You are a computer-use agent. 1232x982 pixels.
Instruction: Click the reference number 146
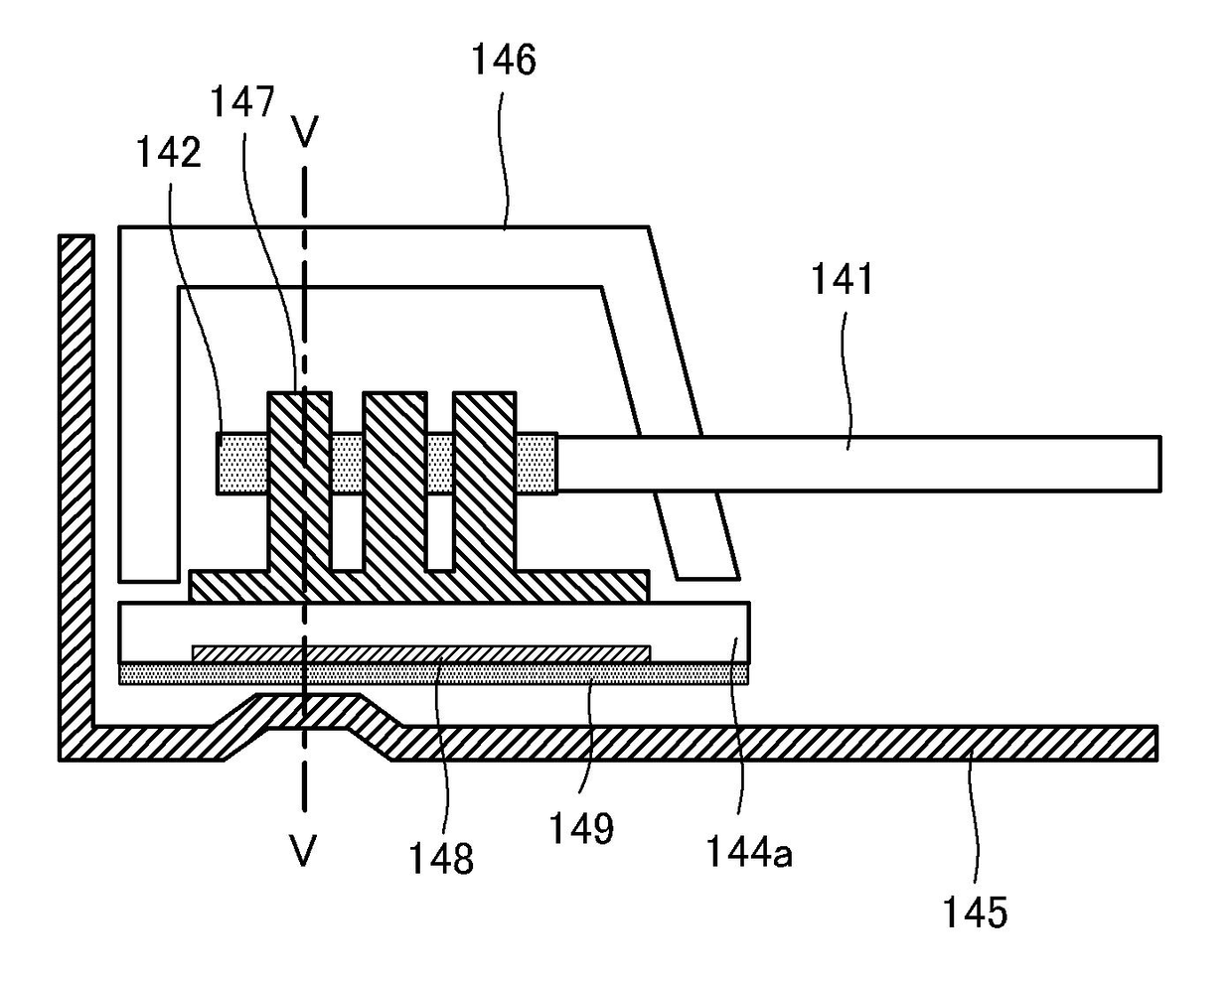click(504, 62)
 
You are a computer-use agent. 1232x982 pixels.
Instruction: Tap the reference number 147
click(242, 101)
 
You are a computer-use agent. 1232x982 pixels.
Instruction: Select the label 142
click(170, 152)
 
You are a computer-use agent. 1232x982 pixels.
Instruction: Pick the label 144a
click(749, 851)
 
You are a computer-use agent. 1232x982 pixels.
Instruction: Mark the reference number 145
click(977, 911)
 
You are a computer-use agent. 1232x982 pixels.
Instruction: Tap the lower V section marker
click(303, 851)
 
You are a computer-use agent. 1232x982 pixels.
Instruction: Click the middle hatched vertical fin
click(393, 477)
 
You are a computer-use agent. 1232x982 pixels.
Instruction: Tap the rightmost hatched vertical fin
click(485, 477)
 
